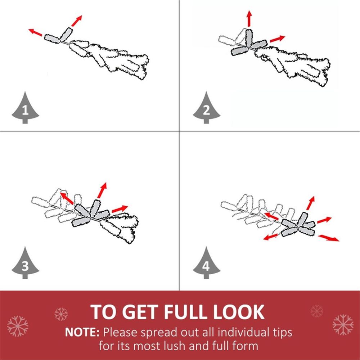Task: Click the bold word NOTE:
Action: click(82, 332)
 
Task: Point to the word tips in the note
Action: click(283, 332)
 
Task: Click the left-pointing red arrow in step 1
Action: click(35, 32)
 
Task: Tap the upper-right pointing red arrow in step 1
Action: click(77, 21)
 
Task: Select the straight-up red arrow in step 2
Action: click(249, 19)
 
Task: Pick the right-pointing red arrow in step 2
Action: click(277, 39)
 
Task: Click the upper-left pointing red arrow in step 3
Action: click(67, 198)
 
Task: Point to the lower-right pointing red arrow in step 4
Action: click(329, 238)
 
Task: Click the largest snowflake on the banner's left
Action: click(18, 326)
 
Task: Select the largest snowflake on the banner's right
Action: click(343, 325)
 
